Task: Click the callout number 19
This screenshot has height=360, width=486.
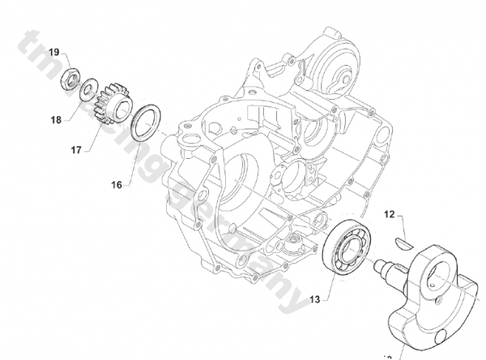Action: coord(53,52)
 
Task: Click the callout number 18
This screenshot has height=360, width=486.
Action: coord(55,120)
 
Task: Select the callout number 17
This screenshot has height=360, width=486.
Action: coord(75,149)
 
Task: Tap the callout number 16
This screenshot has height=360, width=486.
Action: coord(117,185)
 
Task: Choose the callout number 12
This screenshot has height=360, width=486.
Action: coord(390,215)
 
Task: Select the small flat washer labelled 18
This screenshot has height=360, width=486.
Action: coord(91,87)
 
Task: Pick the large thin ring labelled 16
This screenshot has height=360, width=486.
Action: coord(147,122)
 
